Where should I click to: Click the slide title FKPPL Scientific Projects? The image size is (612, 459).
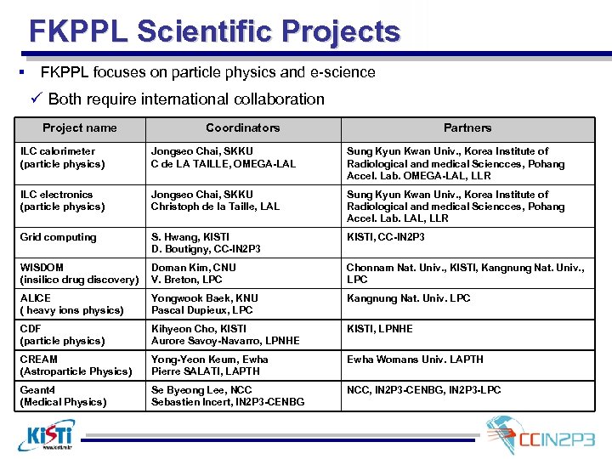click(x=214, y=31)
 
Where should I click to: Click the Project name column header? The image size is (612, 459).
click(x=80, y=128)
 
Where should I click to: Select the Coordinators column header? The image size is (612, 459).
click(x=242, y=128)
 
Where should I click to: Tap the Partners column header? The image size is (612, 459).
click(x=467, y=128)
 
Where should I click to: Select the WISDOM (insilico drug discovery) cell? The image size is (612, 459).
click(x=79, y=274)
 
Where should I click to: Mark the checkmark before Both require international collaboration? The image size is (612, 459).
click(x=35, y=99)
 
